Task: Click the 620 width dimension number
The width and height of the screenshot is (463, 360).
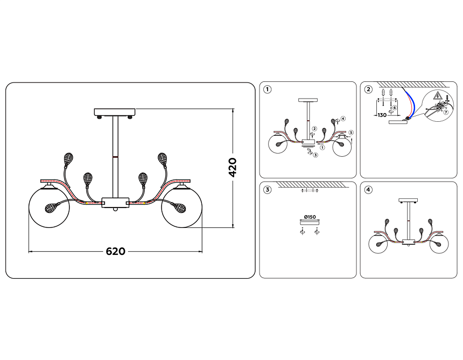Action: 115,251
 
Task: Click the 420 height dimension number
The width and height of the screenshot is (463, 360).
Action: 233,168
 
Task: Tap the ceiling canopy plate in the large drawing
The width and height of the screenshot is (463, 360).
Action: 115,112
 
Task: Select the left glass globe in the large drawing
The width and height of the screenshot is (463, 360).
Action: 49,207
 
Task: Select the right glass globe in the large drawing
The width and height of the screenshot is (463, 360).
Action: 182,207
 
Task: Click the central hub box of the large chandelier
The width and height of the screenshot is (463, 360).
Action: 115,203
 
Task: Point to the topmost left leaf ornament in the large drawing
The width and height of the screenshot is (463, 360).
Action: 69,160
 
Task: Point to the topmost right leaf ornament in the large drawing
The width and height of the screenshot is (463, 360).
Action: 162,160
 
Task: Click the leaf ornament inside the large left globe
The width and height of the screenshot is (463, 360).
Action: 52,208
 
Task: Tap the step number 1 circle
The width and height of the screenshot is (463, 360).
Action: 267,89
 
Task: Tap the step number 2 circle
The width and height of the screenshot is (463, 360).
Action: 368,89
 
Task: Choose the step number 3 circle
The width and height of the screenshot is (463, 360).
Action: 267,190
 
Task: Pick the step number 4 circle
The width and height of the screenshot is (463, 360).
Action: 368,190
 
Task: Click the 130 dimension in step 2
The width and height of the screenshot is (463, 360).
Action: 382,115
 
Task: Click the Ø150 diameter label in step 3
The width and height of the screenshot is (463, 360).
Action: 310,217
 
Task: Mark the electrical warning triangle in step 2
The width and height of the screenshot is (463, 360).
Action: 437,96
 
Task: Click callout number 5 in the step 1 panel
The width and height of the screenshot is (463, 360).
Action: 351,133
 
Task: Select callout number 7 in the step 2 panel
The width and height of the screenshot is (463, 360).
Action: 446,112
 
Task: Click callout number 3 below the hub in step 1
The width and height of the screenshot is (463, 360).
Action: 315,155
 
